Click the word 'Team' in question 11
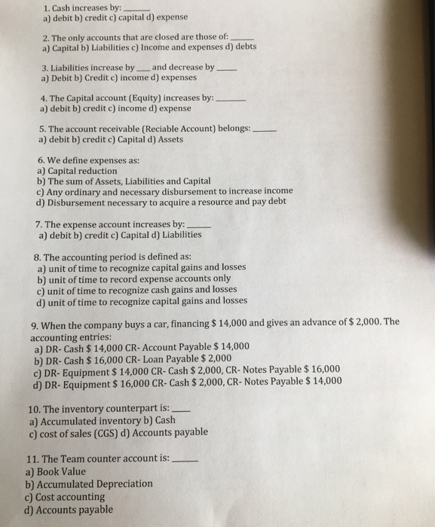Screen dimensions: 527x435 pyautogui.click(x=75, y=458)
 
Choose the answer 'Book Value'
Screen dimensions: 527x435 pyautogui.click(x=63, y=472)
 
